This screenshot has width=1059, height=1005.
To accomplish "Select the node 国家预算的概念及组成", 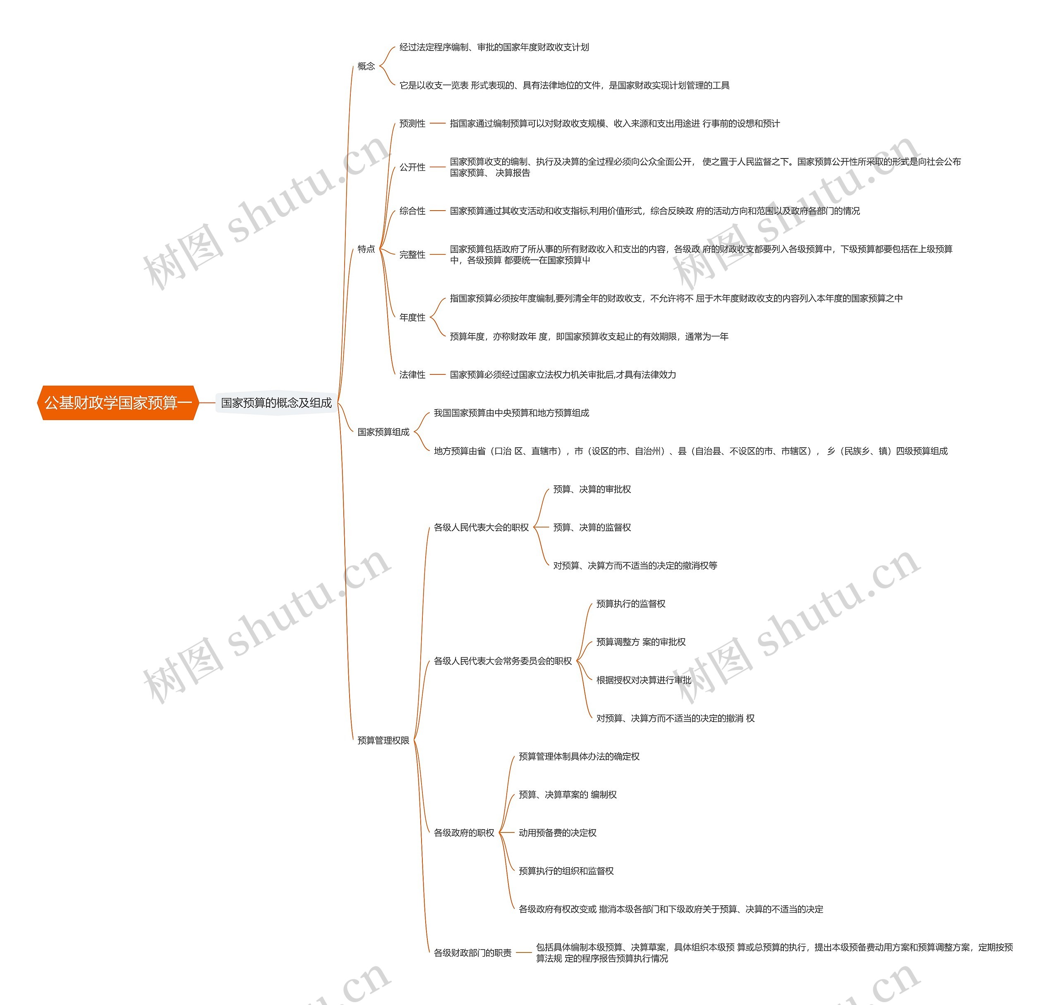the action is (x=276, y=403).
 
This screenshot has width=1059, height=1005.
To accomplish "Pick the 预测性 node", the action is (x=412, y=124).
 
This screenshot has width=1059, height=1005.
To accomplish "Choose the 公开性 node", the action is (x=412, y=167).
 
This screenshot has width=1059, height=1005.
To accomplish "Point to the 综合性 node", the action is (x=412, y=211).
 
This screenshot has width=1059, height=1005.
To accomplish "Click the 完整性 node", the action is (x=412, y=254).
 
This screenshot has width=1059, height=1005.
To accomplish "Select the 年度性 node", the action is (x=412, y=317).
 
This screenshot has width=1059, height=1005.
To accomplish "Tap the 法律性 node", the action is (x=412, y=374).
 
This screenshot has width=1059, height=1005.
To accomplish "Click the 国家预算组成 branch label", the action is (x=383, y=432).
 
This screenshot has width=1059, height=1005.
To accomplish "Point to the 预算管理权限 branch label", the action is (x=383, y=740).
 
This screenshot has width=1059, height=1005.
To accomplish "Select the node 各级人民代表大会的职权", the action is (x=481, y=527).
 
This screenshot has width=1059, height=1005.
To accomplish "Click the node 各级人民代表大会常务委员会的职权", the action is (x=503, y=661).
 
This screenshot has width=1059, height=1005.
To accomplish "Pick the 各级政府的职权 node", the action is (x=464, y=832).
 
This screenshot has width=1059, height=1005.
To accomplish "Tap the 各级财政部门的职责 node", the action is (x=472, y=952).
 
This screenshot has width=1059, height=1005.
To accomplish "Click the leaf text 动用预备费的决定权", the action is (x=557, y=832).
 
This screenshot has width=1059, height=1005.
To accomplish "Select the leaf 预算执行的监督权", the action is (x=630, y=604).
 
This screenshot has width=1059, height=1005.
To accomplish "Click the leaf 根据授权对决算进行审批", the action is (x=643, y=680).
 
